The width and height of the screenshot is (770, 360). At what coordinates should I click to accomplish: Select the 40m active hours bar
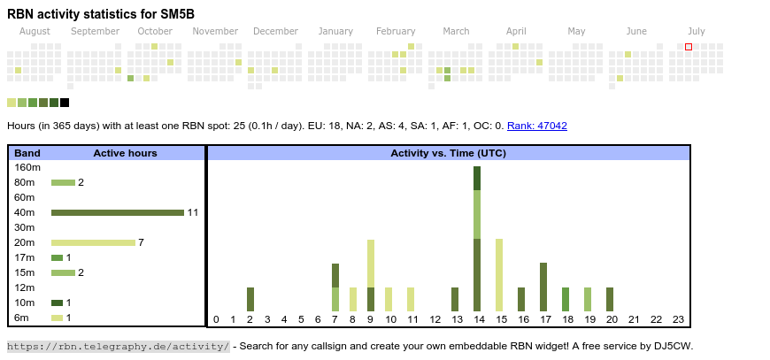click(x=117, y=212)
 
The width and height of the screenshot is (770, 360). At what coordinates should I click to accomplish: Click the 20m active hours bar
click(x=93, y=242)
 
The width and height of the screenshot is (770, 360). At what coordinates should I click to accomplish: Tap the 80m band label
click(x=25, y=182)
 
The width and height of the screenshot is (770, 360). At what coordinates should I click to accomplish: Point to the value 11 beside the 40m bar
click(x=192, y=212)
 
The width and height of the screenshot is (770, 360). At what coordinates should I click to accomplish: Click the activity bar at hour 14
click(x=477, y=239)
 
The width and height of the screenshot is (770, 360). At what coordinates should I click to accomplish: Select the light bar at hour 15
click(x=499, y=274)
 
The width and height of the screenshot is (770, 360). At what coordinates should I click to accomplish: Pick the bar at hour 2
click(x=250, y=299)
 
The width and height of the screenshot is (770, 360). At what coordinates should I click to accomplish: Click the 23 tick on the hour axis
click(x=679, y=319)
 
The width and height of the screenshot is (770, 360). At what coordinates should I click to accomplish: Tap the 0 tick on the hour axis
click(x=216, y=319)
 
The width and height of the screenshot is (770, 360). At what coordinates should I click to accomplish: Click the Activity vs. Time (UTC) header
click(x=448, y=153)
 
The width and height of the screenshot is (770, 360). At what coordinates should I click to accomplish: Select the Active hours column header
click(x=125, y=153)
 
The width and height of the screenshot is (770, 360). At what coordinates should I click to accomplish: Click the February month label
click(x=396, y=32)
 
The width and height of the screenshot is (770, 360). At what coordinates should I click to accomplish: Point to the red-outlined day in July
click(x=689, y=47)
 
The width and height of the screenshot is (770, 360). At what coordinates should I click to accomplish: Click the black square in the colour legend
click(x=65, y=103)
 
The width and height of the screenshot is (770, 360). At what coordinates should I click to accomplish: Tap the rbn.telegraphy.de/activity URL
click(x=118, y=346)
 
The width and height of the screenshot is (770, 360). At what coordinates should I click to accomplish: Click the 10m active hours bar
click(x=57, y=303)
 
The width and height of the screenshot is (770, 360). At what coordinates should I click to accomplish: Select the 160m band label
click(x=27, y=167)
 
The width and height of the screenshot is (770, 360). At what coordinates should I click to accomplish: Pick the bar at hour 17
click(x=543, y=287)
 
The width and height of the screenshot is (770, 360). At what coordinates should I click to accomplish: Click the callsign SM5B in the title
click(x=177, y=14)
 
